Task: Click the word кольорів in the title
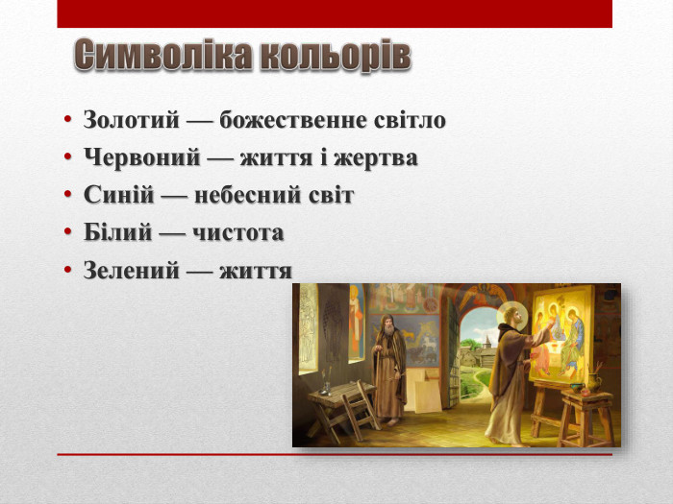point(326,57)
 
